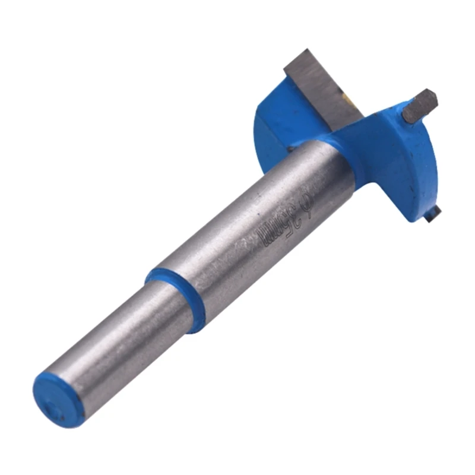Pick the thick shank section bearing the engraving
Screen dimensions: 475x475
click(249, 237)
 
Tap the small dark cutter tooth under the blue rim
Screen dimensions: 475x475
click(433, 211)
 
